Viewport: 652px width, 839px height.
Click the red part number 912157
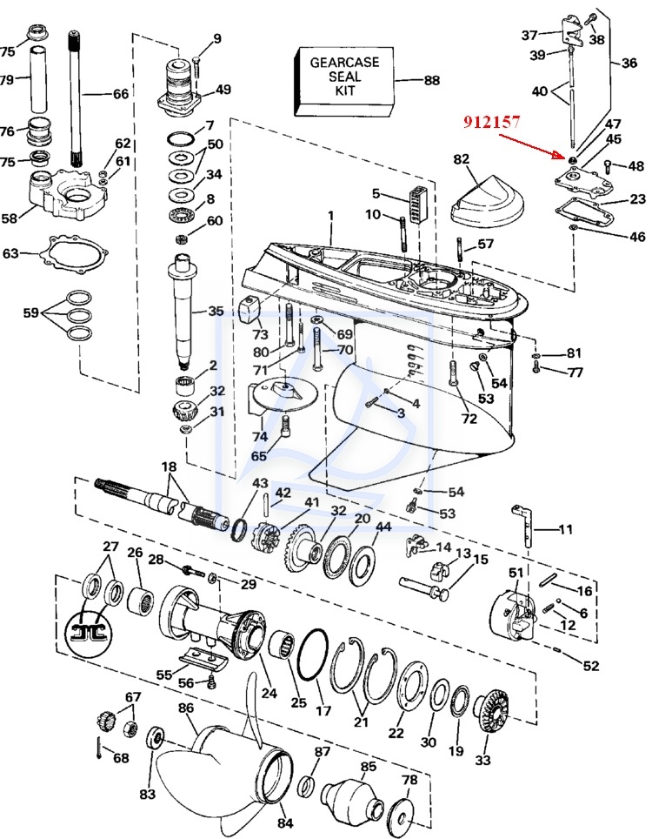491,122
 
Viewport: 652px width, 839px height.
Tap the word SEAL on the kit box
345,76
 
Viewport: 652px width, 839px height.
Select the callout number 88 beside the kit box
432,80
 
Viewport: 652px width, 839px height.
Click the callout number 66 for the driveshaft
121,94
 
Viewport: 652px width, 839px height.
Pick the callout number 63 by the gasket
10,252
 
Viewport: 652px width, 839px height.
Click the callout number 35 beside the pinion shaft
216,311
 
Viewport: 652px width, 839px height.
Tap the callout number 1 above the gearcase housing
331,216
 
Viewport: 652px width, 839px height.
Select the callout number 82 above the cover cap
462,159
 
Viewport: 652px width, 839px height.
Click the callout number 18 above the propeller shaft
169,466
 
